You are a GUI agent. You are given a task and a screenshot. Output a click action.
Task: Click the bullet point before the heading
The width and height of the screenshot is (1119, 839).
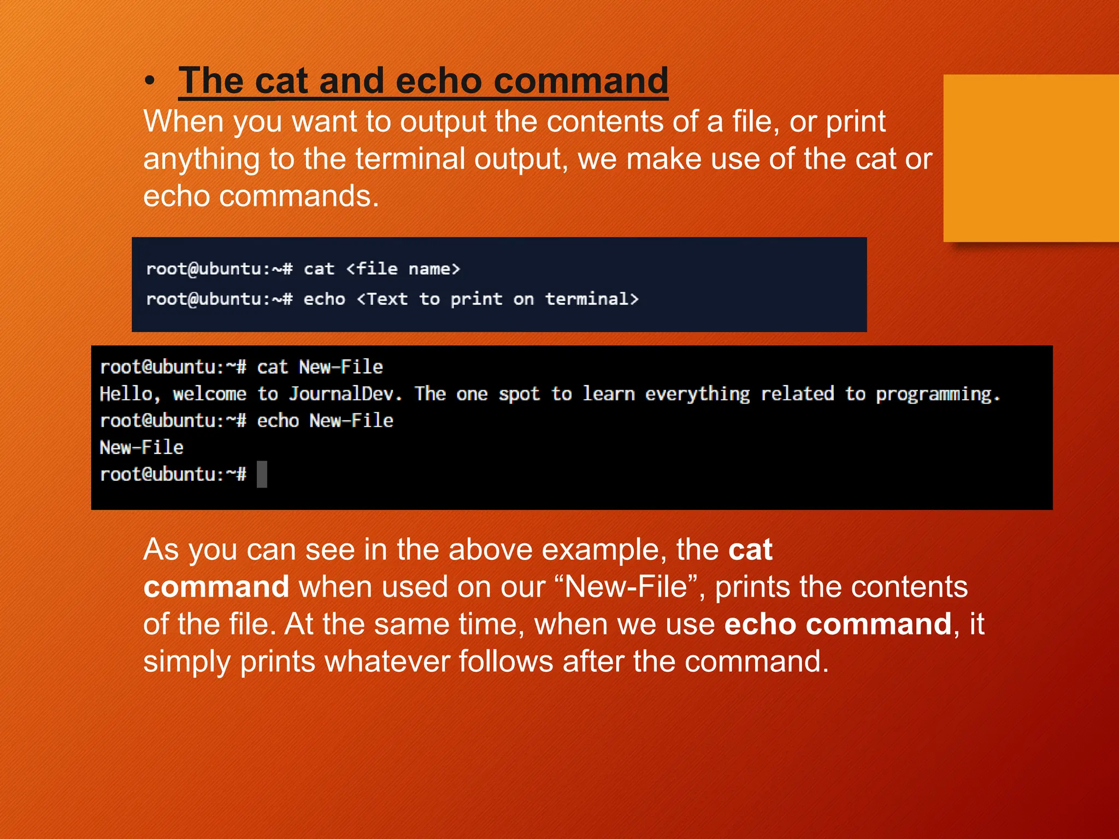[150, 81]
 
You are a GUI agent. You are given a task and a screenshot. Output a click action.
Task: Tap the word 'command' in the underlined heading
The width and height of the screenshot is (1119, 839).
[581, 81]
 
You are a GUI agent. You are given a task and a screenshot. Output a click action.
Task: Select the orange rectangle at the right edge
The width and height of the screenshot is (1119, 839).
[1030, 158]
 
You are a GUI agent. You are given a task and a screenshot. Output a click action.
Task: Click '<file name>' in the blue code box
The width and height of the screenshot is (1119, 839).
[403, 269]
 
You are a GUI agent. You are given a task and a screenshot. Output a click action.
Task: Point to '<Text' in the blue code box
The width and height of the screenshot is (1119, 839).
[382, 299]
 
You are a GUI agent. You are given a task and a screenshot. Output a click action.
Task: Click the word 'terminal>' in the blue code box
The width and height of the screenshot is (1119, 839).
[592, 299]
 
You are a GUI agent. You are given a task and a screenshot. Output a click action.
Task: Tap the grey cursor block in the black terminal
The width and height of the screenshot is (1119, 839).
[262, 474]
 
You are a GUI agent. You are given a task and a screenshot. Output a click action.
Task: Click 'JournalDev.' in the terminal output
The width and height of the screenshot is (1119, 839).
[345, 394]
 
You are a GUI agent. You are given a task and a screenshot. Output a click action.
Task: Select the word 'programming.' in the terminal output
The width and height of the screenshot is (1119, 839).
[938, 394]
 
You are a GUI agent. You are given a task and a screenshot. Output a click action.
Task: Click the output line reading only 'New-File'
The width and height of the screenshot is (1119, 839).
[142, 447]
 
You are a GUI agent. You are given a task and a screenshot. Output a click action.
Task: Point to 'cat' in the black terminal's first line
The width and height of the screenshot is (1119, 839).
[272, 367]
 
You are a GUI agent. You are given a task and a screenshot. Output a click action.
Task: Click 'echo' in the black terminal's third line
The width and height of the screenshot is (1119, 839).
[278, 421]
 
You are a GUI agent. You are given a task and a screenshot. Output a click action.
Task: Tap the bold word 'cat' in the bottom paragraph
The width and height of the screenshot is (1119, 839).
[750, 550]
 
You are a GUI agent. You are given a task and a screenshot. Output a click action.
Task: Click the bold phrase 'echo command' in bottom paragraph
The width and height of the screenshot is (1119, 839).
[838, 624]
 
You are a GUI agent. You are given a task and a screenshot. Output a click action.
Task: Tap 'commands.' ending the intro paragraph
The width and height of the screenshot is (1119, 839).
[299, 196]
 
